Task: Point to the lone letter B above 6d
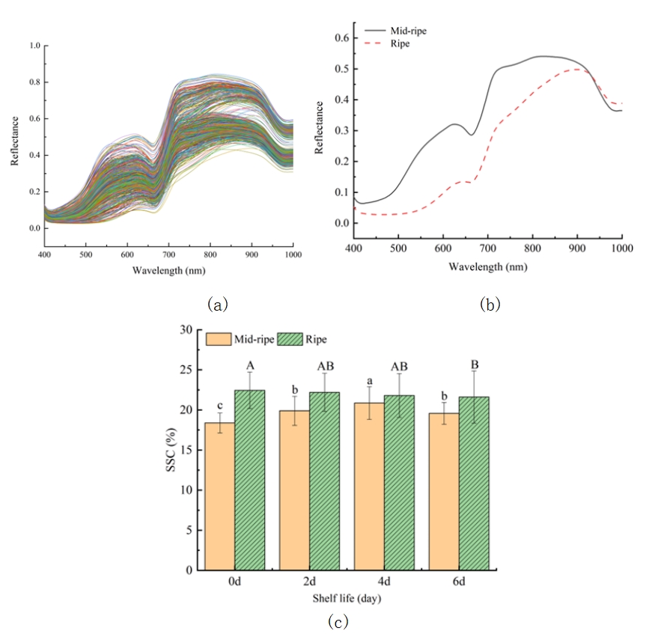(474, 365)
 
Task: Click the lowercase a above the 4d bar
(369, 380)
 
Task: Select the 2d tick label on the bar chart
(309, 581)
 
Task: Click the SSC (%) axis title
(170, 450)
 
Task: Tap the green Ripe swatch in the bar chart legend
(290, 339)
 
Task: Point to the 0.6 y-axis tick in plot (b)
(339, 37)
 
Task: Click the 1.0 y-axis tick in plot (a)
(34, 46)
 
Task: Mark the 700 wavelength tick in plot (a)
(168, 254)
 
